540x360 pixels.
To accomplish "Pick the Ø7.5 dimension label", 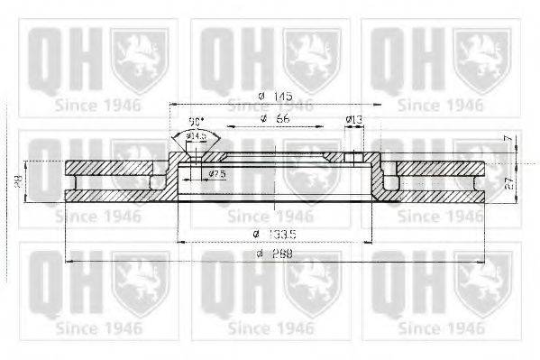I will point(216,173).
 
